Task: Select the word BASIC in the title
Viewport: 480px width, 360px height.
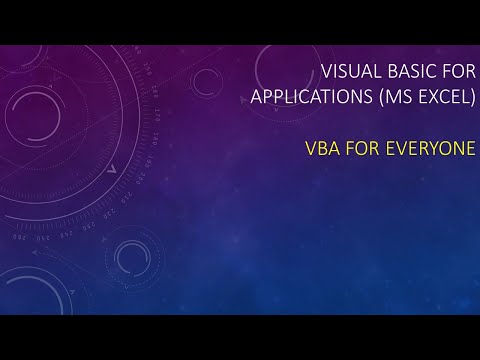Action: point(405,73)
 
